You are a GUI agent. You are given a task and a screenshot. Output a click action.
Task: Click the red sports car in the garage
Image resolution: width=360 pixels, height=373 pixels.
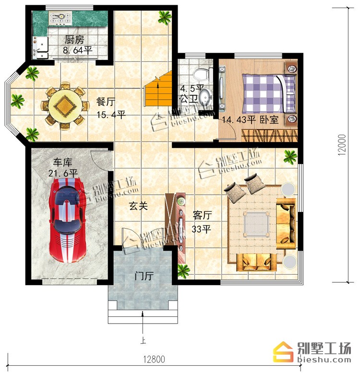point(67,220)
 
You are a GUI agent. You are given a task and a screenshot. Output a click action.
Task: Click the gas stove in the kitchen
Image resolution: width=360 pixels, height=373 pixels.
point(60,18)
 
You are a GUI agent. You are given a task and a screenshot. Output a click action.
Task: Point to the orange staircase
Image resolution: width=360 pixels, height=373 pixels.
point(158,89)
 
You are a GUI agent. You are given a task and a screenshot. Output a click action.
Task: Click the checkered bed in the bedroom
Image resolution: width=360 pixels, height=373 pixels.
point(269,93)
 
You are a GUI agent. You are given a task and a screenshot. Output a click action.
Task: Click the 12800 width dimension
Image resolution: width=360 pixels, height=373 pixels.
point(154,359)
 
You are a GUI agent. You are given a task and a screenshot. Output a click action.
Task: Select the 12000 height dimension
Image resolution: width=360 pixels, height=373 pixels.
point(342,145)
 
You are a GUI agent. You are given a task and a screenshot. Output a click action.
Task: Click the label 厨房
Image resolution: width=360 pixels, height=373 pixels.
point(74,40)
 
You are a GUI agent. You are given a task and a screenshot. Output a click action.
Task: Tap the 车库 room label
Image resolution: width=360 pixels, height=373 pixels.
point(62,163)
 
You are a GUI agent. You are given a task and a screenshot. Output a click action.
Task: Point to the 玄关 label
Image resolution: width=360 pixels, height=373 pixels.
point(138,206)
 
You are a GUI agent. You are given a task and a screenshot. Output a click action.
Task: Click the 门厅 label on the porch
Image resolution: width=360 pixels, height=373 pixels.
point(144,277)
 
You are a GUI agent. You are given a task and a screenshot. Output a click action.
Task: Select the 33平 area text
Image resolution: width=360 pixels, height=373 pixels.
point(202,229)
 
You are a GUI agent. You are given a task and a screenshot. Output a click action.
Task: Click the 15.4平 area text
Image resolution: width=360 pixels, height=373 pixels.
point(111,115)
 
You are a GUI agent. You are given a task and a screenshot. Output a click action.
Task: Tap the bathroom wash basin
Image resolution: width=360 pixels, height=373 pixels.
point(205,97)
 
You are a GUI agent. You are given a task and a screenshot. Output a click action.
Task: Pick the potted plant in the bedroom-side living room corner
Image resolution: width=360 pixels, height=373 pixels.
point(290,157)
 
